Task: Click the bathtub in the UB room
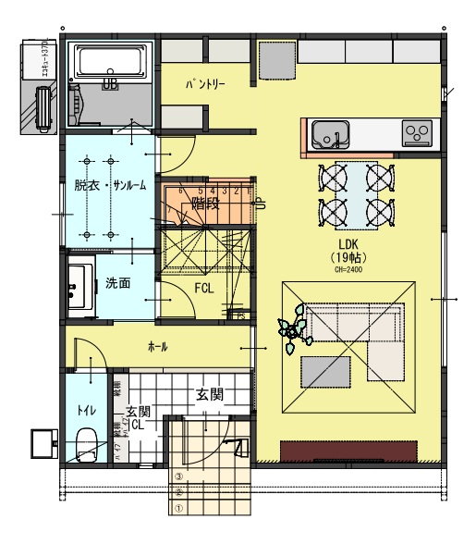(110, 63)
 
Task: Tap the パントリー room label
(205, 84)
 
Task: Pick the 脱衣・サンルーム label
(110, 184)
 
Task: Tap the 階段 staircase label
(204, 204)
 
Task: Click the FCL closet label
(204, 288)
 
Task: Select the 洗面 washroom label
(116, 283)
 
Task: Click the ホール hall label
(158, 346)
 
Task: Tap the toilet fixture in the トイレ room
(88, 446)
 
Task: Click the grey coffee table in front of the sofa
(324, 372)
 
